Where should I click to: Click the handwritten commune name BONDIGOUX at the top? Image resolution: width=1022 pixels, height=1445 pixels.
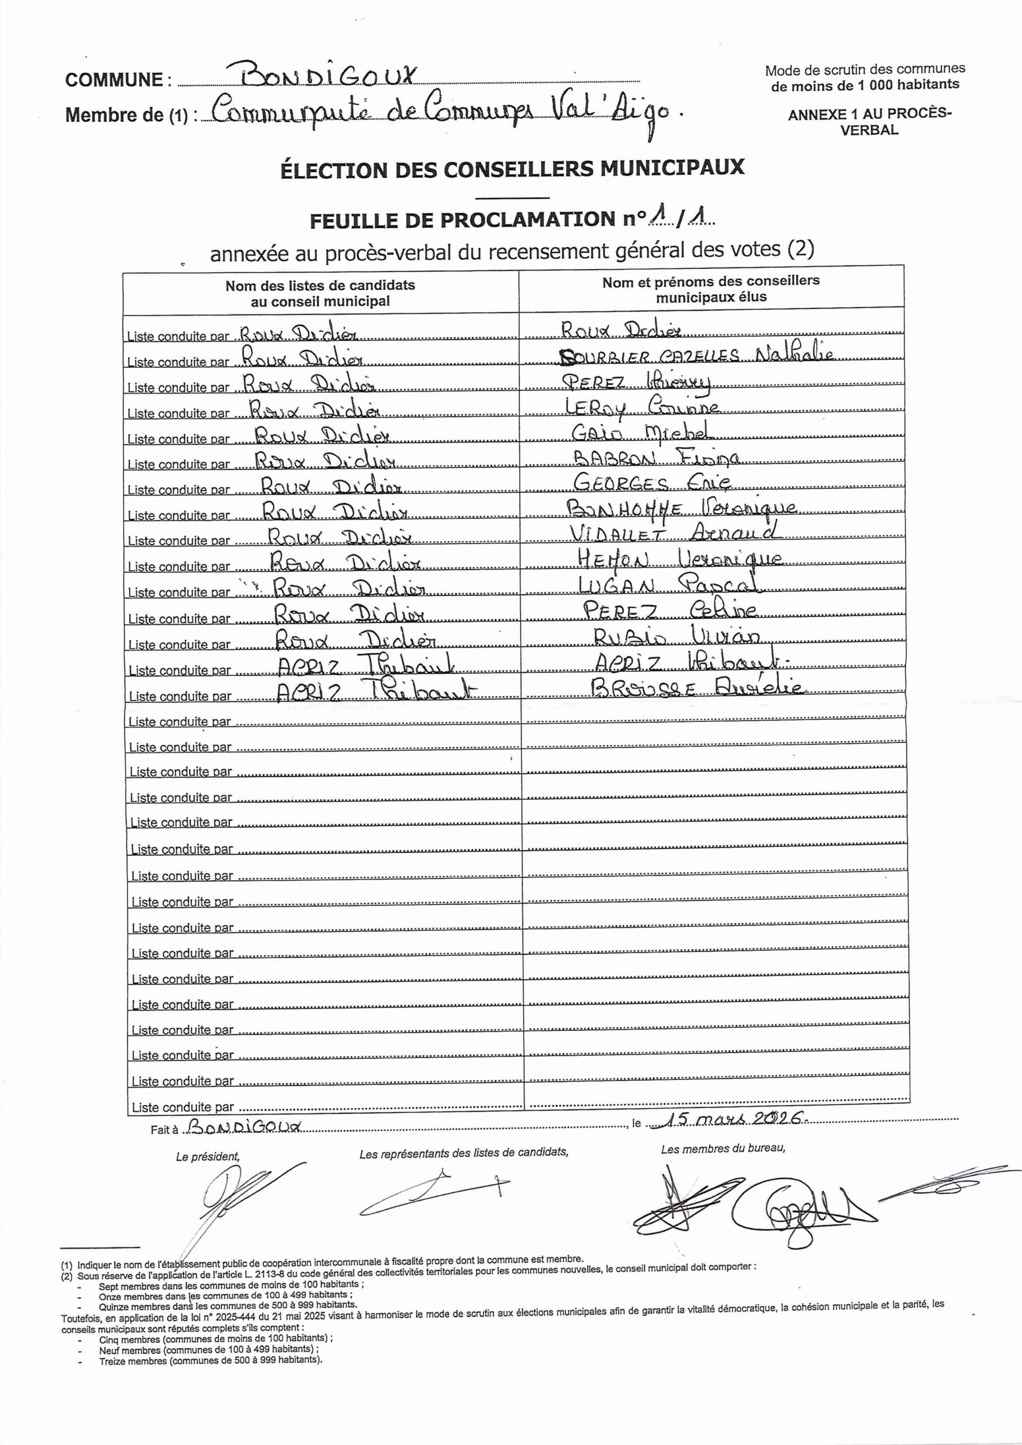coord(329,77)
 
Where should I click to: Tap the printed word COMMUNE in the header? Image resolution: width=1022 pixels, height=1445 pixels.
coord(114,80)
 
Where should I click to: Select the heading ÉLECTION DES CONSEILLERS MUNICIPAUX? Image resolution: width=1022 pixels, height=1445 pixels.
coord(512,169)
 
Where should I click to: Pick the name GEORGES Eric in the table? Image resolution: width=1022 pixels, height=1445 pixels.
coord(651,483)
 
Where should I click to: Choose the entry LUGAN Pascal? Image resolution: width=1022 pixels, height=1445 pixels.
coord(668,585)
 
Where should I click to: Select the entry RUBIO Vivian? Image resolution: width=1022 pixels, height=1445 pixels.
coord(677,636)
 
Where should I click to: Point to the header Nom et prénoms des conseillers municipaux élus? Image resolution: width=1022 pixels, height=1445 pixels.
coord(710,289)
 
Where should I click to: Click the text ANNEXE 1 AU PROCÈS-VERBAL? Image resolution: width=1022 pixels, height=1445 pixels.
coord(869,121)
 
